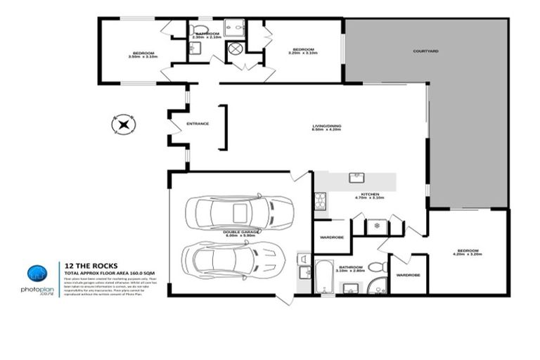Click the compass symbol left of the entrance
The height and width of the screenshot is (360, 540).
click(x=124, y=126)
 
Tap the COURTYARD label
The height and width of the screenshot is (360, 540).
click(x=426, y=51)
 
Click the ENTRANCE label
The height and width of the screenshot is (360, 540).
click(x=198, y=124)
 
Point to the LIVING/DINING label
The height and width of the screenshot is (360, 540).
click(x=327, y=127)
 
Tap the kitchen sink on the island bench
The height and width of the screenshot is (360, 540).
click(x=356, y=176)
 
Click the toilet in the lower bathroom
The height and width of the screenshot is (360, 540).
click(x=378, y=267)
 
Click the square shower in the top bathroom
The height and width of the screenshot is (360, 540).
click(x=234, y=28)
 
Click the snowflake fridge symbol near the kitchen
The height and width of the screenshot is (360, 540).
click(x=376, y=226)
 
